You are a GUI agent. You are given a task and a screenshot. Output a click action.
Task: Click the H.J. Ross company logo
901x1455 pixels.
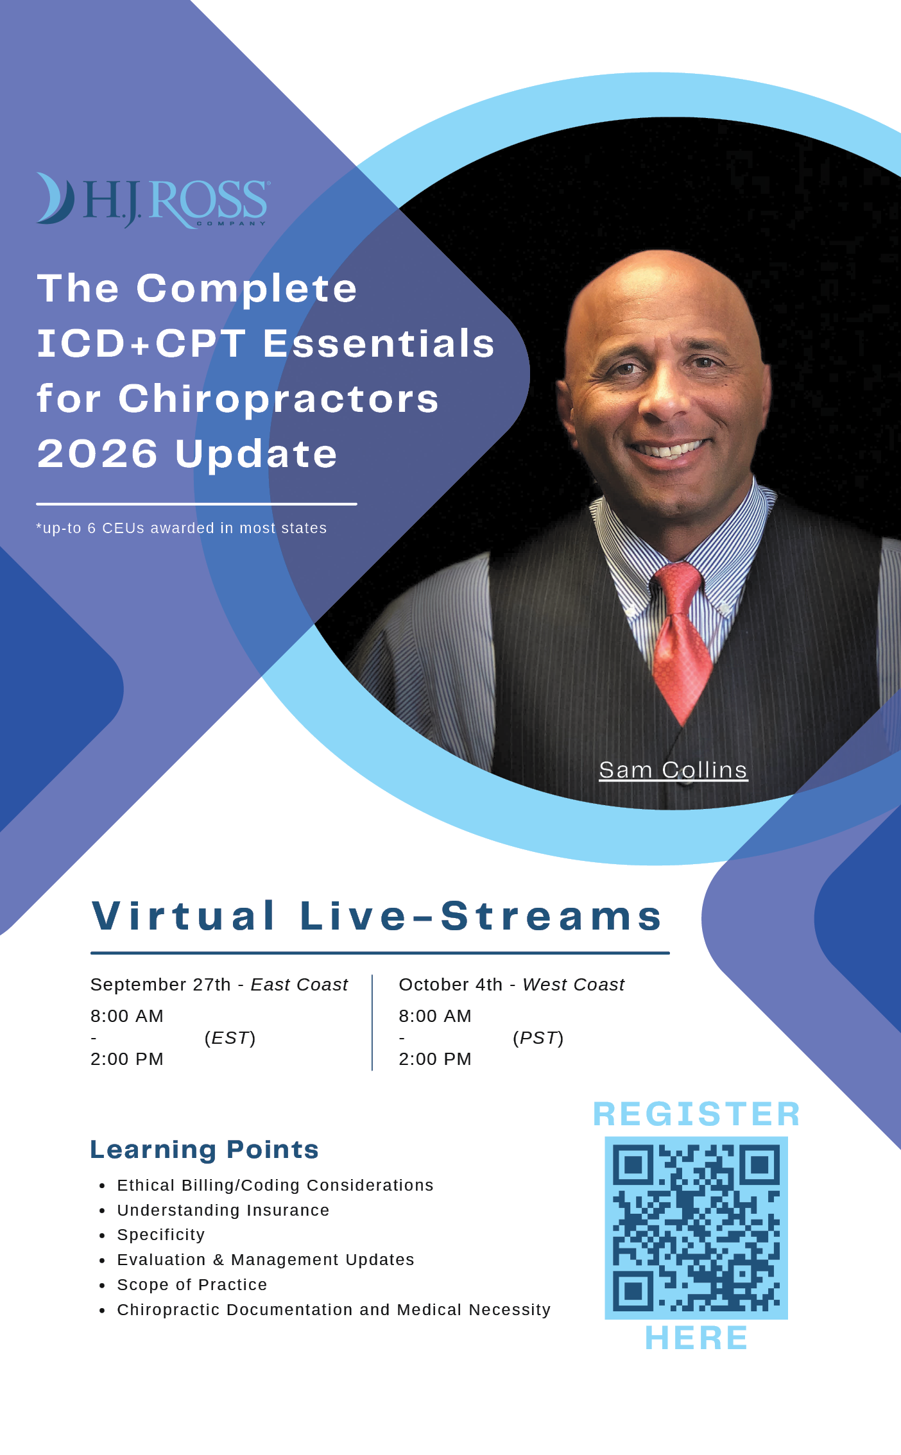point(153,200)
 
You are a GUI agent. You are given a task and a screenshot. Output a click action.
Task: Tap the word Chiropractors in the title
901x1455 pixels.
point(279,399)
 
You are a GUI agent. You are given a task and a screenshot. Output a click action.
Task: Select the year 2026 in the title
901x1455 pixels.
point(98,454)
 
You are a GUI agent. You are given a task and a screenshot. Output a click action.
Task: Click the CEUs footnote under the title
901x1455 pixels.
point(182,528)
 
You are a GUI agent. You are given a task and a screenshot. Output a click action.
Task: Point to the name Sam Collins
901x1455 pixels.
point(673,770)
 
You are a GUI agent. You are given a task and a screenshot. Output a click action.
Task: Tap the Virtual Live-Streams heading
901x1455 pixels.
point(377,915)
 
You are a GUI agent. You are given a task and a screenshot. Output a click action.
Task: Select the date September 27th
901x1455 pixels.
point(160,985)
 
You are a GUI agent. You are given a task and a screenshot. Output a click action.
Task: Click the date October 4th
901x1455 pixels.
point(450,985)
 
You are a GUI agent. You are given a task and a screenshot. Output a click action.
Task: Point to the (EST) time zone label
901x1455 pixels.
point(230,1038)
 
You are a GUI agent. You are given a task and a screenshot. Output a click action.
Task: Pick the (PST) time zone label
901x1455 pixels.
point(538,1038)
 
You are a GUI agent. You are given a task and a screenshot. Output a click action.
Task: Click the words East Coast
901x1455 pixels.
point(299,985)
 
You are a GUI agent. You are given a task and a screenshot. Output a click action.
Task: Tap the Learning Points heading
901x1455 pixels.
point(204,1150)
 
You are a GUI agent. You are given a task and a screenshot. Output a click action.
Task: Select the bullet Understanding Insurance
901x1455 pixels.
point(223,1210)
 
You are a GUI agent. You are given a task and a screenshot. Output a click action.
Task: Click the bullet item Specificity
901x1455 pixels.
point(161,1235)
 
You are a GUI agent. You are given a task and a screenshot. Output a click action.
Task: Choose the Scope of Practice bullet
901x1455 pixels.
point(192,1284)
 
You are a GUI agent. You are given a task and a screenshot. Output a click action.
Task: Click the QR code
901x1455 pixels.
point(696,1228)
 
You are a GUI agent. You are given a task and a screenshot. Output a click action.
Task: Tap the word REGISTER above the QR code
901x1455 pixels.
point(696,1114)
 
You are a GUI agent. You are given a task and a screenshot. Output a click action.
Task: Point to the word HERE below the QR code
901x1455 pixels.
point(696,1338)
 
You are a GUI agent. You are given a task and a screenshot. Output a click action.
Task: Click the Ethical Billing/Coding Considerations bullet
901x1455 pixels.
point(275,1186)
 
